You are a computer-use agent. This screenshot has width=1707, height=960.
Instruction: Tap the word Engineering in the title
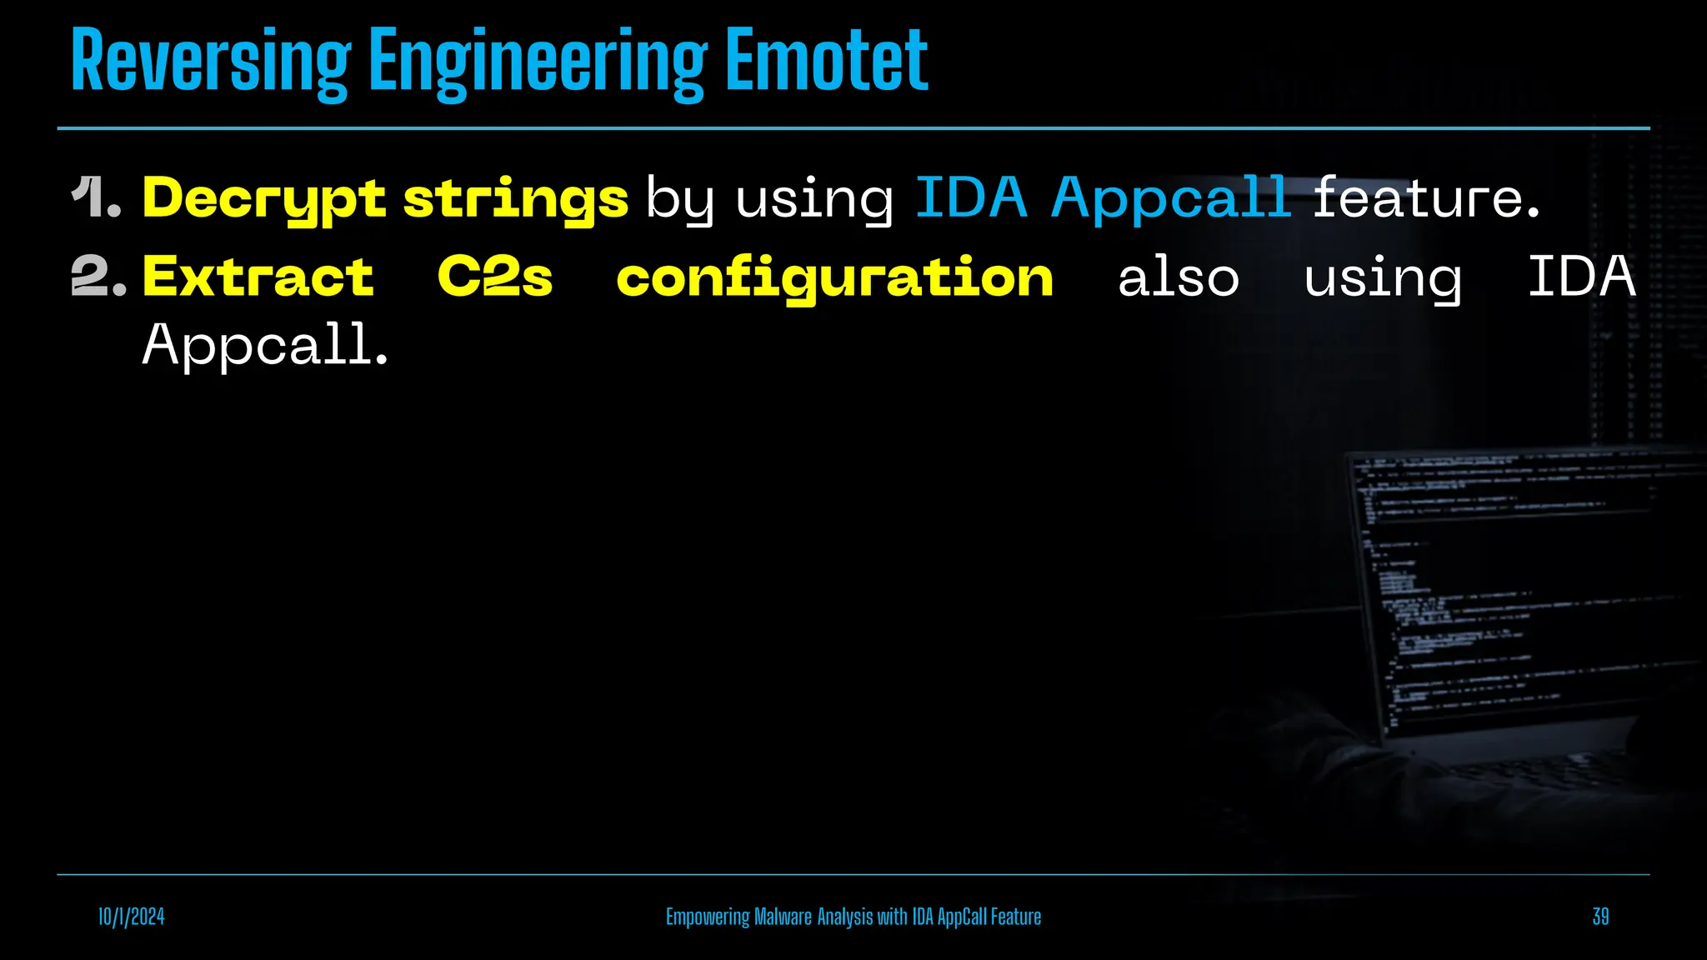coord(538,62)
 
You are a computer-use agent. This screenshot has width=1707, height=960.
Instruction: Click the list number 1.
coord(97,198)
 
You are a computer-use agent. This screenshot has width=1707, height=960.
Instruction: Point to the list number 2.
coord(98,277)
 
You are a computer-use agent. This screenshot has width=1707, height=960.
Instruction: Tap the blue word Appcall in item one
coord(1170,198)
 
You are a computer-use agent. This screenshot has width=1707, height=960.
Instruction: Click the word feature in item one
coord(1425,198)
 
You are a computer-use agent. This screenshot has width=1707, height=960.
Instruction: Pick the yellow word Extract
coord(258,277)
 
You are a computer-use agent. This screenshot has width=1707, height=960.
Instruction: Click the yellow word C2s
coord(495,277)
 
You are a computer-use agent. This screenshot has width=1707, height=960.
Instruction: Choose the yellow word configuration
coord(834,278)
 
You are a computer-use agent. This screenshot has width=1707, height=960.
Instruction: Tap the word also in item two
coord(1178,278)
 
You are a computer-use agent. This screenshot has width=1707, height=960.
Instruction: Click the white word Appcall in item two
coord(264,345)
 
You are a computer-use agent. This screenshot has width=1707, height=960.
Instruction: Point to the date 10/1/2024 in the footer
coord(132,917)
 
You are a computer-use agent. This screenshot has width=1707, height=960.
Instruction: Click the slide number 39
coord(1600,917)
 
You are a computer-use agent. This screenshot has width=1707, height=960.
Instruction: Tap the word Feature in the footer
coord(1015,917)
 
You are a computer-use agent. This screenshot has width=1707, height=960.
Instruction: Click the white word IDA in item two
coord(1581,277)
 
